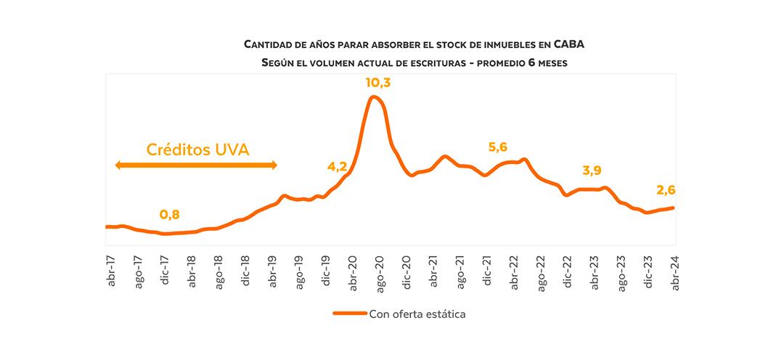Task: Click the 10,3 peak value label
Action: click(377, 83)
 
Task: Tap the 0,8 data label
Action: click(169, 215)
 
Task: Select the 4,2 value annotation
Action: click(337, 166)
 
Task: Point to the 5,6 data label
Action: click(498, 147)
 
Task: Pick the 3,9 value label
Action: click(592, 171)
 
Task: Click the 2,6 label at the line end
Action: click(666, 190)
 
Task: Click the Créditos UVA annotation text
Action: click(198, 150)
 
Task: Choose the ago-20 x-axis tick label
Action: click(380, 272)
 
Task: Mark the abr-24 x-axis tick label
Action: click(674, 272)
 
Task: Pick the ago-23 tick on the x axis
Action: click(621, 272)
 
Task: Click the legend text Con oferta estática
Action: click(417, 314)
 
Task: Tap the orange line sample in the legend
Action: click(349, 314)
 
